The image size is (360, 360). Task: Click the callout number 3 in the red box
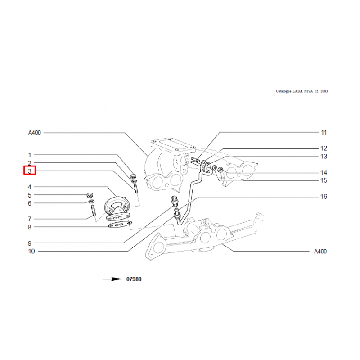(x=30, y=171)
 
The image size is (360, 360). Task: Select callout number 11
(x=324, y=132)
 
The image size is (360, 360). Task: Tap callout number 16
(x=324, y=197)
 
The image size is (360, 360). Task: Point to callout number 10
(x=31, y=251)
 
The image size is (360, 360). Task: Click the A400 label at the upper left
(x=35, y=133)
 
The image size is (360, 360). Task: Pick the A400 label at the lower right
(x=320, y=252)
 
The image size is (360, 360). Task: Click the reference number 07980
(x=134, y=279)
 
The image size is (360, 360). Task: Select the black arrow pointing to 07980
(x=112, y=279)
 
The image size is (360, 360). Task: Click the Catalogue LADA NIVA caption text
(x=301, y=91)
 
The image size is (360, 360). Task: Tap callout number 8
(x=30, y=227)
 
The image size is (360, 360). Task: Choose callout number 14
(x=324, y=172)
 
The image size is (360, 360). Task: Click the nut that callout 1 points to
(x=133, y=176)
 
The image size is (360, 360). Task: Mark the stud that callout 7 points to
(x=94, y=211)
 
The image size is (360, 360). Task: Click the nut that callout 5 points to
(x=90, y=195)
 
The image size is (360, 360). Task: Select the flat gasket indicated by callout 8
(x=120, y=225)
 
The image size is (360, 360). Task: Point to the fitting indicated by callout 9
(x=175, y=201)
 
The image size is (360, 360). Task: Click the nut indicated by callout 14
(x=220, y=170)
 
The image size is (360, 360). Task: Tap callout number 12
(x=324, y=148)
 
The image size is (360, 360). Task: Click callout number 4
(x=30, y=187)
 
